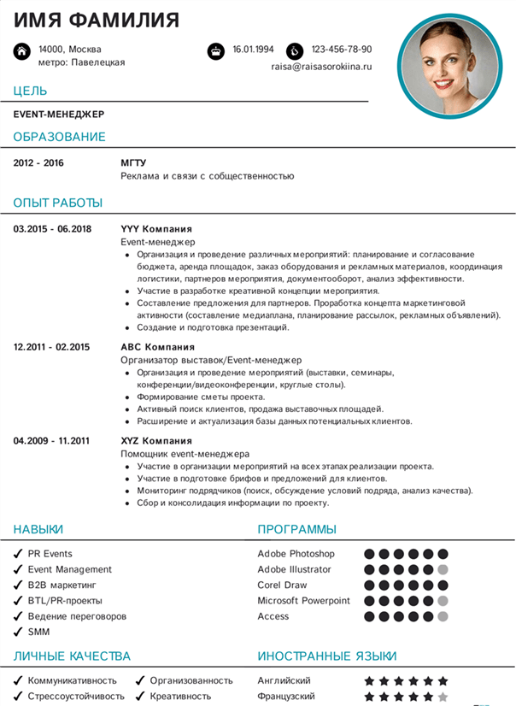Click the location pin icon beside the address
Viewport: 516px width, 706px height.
point(21,51)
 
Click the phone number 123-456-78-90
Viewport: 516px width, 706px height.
point(341,50)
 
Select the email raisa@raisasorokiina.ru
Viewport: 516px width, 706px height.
point(321,66)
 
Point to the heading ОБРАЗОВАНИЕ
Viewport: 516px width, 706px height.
point(60,137)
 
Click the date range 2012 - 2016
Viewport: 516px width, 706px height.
point(38,162)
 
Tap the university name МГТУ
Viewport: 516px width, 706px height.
point(133,162)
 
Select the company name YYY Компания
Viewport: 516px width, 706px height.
point(156,229)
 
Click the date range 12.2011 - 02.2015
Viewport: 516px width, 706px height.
point(51,347)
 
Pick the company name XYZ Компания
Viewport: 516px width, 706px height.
point(155,441)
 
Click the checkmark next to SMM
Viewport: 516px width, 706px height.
point(17,632)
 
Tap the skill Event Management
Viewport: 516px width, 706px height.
point(70,569)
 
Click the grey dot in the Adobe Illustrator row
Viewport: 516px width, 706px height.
point(443,569)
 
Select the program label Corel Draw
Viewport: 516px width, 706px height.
point(282,585)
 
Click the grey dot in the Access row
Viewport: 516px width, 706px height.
point(443,616)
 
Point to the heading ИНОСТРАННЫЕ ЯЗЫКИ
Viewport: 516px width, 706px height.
point(327,656)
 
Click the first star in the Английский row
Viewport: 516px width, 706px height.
point(370,681)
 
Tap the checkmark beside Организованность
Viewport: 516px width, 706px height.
point(139,681)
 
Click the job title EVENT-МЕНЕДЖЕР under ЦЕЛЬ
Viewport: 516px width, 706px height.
point(59,114)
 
